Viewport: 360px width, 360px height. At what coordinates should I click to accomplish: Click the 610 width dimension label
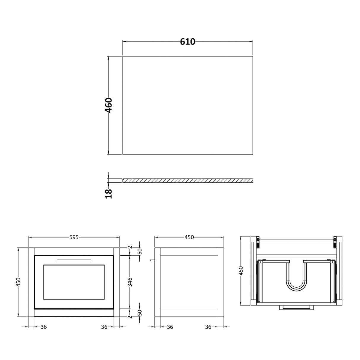tap(188, 42)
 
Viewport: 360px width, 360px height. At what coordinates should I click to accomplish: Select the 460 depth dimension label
tap(109, 105)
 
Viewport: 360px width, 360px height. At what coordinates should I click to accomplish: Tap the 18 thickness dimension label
tap(109, 194)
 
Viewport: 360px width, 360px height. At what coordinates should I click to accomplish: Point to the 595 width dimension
tap(74, 237)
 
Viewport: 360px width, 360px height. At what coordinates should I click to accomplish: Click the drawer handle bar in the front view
tap(74, 260)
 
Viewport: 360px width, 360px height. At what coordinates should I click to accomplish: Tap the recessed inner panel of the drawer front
tap(74, 282)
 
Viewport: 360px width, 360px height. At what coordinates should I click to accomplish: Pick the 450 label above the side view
tap(189, 237)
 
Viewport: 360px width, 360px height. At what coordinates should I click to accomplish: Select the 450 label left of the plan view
tap(241, 271)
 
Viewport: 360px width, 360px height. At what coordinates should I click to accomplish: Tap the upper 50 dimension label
tap(140, 251)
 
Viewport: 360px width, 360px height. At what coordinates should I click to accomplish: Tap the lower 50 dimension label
tap(140, 312)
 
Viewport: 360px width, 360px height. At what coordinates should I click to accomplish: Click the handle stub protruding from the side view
tap(152, 260)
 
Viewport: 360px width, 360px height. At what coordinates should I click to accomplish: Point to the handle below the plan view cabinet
tap(296, 307)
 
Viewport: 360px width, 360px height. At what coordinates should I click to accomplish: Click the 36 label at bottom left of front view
tap(44, 327)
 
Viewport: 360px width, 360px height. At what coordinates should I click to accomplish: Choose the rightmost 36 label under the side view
tap(208, 327)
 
